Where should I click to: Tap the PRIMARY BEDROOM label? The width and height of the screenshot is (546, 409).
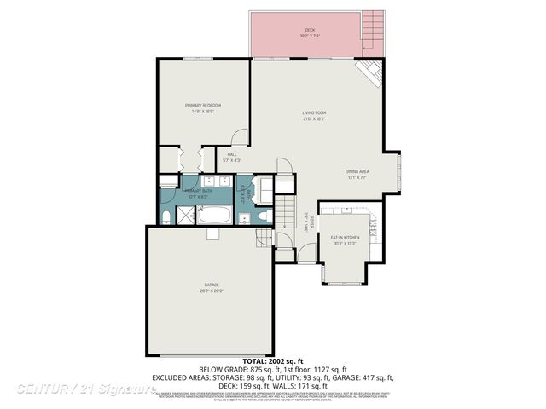tap(203, 106)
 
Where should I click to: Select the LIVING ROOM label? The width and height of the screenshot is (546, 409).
tap(314, 112)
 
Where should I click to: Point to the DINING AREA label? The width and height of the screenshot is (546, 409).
tap(357, 171)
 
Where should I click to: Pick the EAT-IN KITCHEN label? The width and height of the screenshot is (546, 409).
tap(346, 237)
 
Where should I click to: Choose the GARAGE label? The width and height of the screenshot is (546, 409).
tap(211, 285)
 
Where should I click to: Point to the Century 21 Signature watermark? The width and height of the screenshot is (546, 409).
tap(85, 388)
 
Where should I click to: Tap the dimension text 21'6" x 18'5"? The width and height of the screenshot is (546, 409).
tap(314, 118)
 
